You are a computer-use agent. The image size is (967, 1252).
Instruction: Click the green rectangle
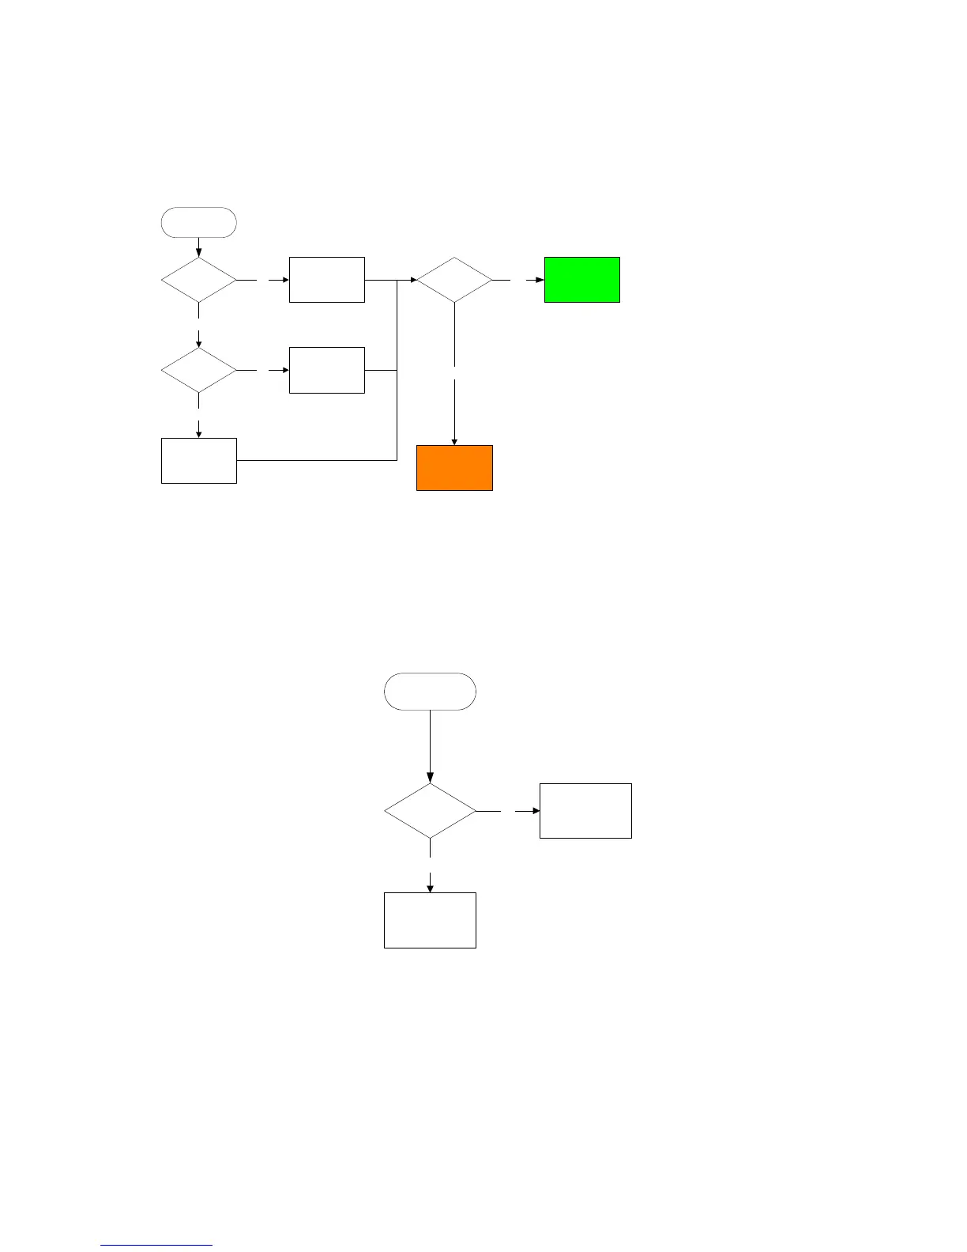tap(581, 280)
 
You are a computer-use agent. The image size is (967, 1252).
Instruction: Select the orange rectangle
tap(454, 468)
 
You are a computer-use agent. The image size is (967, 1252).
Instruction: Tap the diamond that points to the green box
tap(454, 280)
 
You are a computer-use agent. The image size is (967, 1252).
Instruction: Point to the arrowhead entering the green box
tap(540, 280)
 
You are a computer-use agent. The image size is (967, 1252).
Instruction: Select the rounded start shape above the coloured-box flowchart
tap(198, 222)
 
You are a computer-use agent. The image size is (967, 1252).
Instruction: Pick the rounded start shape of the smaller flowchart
tap(430, 692)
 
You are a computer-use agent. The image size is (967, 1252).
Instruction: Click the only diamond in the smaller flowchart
tap(430, 811)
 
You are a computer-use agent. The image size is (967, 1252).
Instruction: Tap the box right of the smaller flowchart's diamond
tap(585, 811)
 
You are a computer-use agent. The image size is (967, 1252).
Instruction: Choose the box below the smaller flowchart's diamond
tap(430, 920)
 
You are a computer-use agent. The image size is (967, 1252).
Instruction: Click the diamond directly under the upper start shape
tap(198, 280)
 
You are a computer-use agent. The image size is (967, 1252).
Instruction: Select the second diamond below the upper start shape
tap(198, 370)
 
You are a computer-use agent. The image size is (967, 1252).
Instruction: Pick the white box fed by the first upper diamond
tap(326, 280)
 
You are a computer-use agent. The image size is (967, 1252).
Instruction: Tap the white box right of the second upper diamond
tap(326, 370)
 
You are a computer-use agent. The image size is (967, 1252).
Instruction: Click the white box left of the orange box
tap(198, 460)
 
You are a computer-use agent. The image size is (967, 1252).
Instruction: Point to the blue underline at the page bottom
tap(156, 1246)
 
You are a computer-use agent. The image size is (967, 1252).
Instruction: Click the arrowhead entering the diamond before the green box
tap(412, 280)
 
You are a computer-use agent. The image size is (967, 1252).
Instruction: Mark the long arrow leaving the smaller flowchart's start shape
tap(430, 743)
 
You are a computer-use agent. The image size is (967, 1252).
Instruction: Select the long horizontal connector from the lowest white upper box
tap(316, 460)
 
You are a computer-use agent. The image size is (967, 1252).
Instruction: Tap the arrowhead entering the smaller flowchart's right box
tap(536, 811)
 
